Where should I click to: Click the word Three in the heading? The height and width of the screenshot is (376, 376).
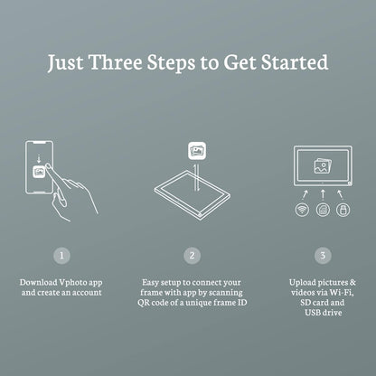[116, 62]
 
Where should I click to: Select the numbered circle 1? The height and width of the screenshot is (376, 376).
[61, 256]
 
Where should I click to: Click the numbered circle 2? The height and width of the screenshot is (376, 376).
[193, 256]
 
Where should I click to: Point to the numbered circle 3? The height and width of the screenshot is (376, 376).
[323, 256]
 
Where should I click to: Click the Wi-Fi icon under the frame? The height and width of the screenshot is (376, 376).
[302, 210]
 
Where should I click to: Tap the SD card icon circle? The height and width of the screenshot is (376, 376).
[323, 210]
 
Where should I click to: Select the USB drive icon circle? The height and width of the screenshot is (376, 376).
[343, 210]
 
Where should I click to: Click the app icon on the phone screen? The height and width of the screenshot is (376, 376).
[39, 172]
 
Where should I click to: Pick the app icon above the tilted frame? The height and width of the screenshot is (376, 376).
[197, 151]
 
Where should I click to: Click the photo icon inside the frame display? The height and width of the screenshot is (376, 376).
[323, 166]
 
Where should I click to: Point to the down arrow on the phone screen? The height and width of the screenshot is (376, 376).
[39, 158]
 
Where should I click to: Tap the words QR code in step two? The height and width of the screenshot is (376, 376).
[153, 303]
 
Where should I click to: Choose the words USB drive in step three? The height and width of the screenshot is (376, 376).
[324, 313]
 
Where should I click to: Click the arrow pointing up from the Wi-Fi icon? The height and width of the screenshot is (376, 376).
[305, 195]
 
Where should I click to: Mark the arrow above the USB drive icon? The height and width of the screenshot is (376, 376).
[340, 195]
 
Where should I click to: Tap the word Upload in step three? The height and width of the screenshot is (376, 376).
[302, 283]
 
